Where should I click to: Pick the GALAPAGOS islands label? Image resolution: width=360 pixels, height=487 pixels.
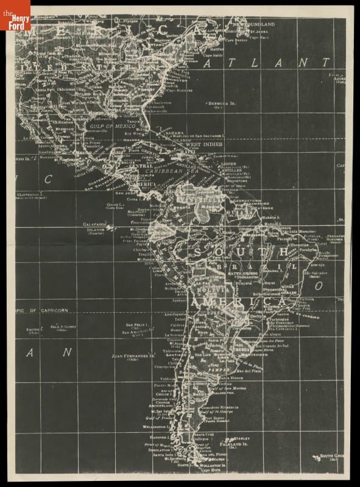(x=95, y=225)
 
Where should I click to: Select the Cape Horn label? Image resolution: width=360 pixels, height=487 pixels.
(x=210, y=469)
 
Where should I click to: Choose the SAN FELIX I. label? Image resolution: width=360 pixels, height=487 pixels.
(x=138, y=326)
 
